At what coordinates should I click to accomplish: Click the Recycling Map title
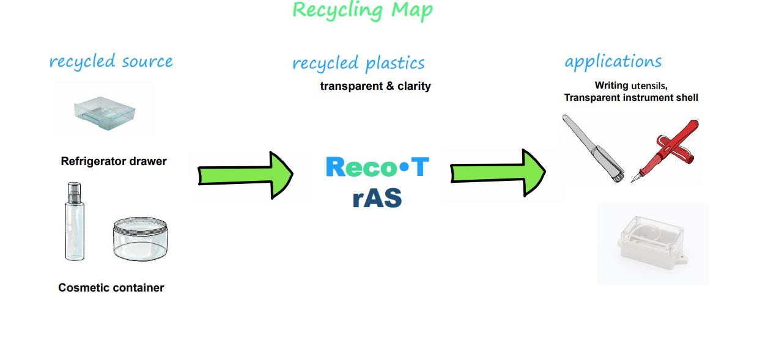click(x=363, y=11)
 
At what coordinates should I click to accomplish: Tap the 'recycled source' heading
click(x=111, y=61)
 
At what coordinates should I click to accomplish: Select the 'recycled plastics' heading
click(x=358, y=63)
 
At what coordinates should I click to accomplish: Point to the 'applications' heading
click(x=613, y=62)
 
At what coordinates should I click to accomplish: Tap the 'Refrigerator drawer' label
click(x=114, y=161)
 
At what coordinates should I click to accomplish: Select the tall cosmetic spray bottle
click(x=75, y=221)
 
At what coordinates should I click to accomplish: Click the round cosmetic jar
click(x=140, y=239)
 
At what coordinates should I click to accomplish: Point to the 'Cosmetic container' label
click(x=111, y=288)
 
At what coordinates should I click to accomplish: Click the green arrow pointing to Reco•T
click(x=245, y=175)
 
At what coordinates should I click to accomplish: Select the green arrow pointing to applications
click(x=498, y=173)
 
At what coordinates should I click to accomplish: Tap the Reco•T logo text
click(x=377, y=167)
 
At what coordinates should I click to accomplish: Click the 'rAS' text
click(x=377, y=197)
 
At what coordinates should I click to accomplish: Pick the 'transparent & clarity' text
click(x=375, y=86)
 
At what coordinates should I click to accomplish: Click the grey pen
click(x=593, y=149)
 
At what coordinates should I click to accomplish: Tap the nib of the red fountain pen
click(x=633, y=180)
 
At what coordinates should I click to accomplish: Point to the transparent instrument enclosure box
click(x=651, y=243)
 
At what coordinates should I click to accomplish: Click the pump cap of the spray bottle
click(x=75, y=193)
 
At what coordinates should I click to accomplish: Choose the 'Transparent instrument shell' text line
click(x=631, y=98)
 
